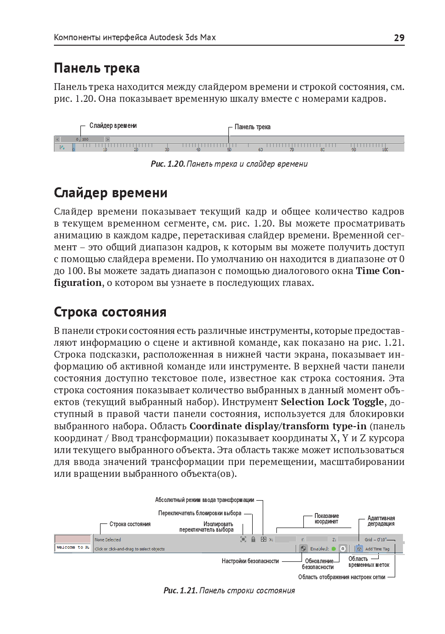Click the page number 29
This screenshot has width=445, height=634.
(399, 38)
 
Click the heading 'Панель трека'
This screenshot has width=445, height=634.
(97, 68)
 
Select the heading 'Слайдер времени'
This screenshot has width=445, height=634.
(111, 193)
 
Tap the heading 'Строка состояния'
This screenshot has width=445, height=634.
(110, 312)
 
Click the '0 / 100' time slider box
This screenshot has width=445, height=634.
(82, 139)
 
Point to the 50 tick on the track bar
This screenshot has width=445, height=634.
(229, 149)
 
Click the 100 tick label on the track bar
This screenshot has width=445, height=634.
(385, 149)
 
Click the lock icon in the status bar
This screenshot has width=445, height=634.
(253, 539)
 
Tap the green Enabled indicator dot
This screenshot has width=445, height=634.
(334, 549)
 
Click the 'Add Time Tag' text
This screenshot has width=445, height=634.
(377, 549)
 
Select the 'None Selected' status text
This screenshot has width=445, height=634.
(108, 539)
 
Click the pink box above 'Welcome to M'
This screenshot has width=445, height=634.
(73, 539)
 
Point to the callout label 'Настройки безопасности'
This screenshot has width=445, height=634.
(250, 561)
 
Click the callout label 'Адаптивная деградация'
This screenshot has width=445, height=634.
(381, 521)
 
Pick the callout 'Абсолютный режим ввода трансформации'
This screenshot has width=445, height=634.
(204, 500)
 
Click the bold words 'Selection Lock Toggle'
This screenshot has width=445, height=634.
(332, 402)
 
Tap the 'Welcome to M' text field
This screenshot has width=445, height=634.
(73, 547)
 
